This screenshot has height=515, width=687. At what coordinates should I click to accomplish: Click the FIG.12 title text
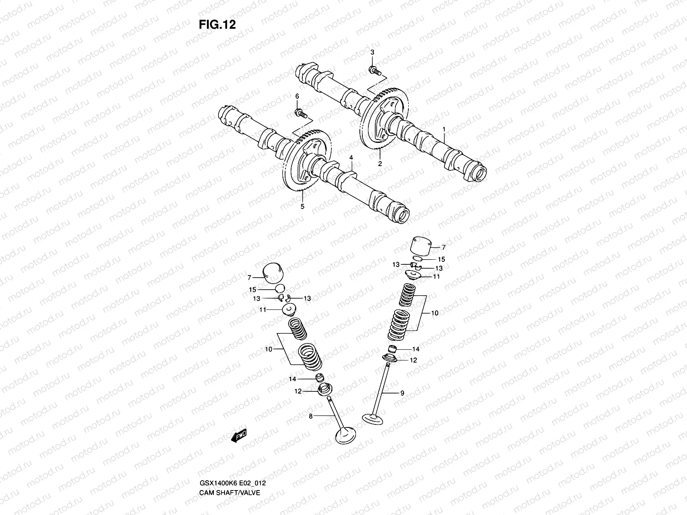(217, 25)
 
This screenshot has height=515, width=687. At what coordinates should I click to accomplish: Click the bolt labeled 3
(373, 69)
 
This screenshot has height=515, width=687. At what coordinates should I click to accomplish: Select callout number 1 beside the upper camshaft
(444, 129)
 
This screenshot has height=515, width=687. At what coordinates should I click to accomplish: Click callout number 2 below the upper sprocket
(380, 164)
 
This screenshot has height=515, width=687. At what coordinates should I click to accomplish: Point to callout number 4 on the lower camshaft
(351, 158)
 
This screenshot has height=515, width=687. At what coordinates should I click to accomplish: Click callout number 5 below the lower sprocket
(302, 207)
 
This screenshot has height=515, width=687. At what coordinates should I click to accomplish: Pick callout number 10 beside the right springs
(435, 313)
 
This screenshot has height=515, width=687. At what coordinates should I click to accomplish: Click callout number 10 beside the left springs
(268, 349)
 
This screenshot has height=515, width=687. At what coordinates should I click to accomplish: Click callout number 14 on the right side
(415, 349)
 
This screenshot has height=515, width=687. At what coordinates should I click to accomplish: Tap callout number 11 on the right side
(436, 277)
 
